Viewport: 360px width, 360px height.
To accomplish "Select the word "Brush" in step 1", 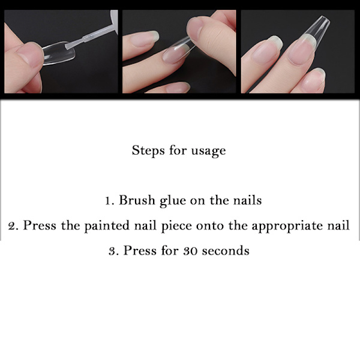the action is click(137, 200).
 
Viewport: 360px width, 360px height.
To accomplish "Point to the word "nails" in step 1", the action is click(247, 200).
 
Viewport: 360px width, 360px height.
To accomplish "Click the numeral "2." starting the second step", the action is click(13, 226).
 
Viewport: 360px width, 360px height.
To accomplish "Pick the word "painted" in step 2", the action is click(107, 226).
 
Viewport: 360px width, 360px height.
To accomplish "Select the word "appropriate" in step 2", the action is click(287, 226).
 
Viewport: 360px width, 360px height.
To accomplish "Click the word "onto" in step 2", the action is click(209, 226).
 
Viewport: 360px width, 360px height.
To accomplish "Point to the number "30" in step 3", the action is click(190, 251).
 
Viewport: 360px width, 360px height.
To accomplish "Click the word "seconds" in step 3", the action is click(226, 250).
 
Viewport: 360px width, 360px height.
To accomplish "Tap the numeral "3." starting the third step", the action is click(113, 251).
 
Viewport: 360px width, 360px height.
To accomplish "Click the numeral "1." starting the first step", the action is click(109, 201).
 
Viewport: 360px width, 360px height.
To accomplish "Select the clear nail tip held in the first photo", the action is click(59, 53).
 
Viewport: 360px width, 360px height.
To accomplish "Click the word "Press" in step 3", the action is click(140, 250).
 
